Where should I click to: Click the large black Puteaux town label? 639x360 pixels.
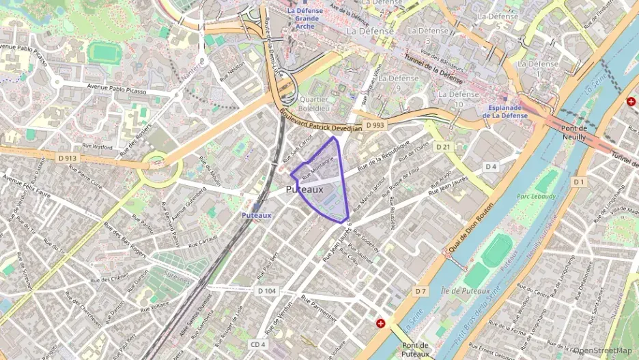click(x=304, y=189)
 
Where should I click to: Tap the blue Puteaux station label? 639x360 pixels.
click(x=256, y=215)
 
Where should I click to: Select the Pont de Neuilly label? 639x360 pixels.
click(x=573, y=133)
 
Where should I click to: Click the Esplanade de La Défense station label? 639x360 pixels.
click(x=505, y=111)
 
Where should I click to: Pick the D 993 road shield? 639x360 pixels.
click(x=375, y=126)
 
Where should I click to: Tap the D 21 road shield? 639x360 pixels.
click(x=444, y=147)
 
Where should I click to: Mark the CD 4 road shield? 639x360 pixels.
click(x=257, y=344)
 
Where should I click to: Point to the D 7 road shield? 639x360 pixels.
click(x=421, y=292)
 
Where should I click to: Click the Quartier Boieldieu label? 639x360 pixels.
click(x=313, y=103)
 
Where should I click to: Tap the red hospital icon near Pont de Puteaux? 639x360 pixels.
click(x=381, y=323)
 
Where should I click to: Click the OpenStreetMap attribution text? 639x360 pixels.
click(x=602, y=351)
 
